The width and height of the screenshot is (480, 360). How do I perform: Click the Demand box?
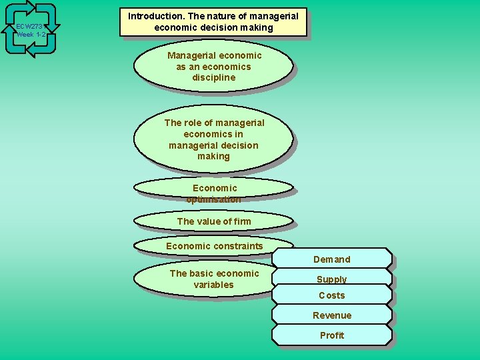pos(331,259)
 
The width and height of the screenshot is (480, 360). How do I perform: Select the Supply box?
pos(331,278)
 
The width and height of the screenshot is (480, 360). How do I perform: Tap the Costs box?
pos(331,295)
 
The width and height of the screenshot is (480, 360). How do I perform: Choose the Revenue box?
pos(331,315)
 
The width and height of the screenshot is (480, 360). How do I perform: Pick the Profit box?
pos(331,335)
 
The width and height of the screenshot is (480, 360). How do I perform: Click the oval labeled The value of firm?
pos(213,221)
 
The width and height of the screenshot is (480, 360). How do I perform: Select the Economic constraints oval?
pos(213,246)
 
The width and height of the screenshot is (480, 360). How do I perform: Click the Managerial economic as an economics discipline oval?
pos(213,67)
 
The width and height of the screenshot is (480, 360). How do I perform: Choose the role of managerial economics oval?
pos(213,139)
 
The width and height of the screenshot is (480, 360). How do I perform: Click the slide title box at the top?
pos(213,22)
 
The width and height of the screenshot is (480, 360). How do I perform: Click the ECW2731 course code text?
pos(30,27)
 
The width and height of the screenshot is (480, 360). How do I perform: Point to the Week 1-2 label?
pos(31,35)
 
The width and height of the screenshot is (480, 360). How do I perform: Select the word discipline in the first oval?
pos(214,77)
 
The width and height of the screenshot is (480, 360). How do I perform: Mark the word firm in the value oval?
pos(243,221)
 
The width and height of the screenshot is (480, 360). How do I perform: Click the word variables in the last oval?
pos(213,285)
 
